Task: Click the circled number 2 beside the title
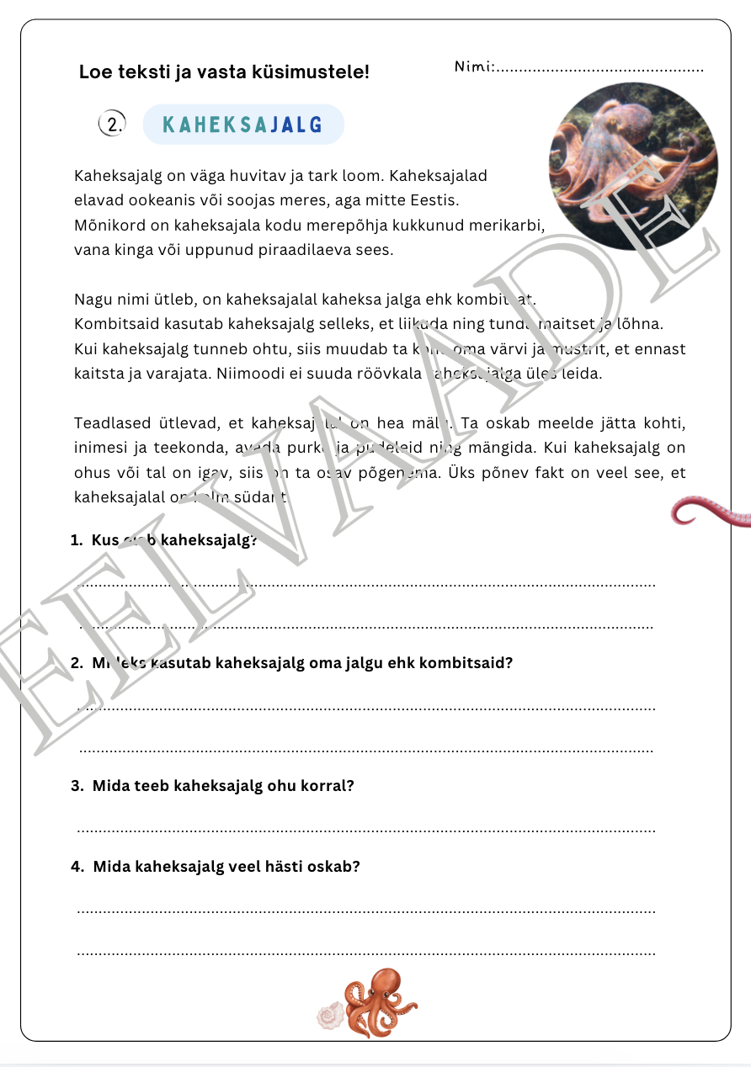[x=111, y=124]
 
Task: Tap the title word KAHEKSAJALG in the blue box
[x=242, y=125]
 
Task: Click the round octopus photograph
[x=633, y=166]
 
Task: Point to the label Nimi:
[x=474, y=66]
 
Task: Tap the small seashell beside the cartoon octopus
[x=329, y=1016]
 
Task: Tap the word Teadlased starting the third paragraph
[x=108, y=423]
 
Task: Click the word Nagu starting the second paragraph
[x=92, y=299]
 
